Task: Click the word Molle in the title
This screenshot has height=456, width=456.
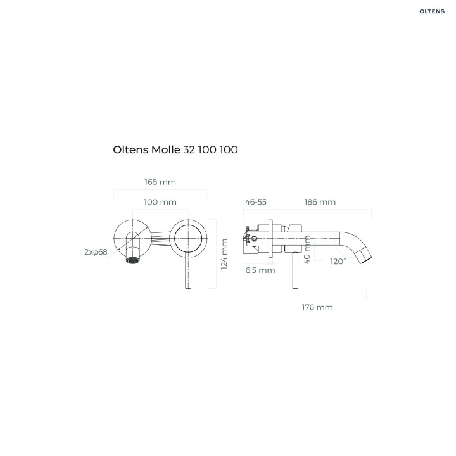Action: [166, 150]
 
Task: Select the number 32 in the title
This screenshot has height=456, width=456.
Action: [189, 150]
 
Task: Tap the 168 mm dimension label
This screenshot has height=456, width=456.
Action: [160, 182]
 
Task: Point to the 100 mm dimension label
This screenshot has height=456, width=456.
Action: [160, 202]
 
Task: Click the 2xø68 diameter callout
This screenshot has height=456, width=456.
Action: [96, 252]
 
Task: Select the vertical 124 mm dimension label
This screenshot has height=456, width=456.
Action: [224, 255]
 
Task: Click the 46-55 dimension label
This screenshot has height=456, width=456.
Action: [256, 202]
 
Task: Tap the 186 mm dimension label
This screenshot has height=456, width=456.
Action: [320, 202]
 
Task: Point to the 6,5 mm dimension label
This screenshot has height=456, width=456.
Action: [260, 270]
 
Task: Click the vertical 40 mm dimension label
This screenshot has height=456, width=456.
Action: [307, 249]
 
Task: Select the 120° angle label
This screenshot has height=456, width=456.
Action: [338, 261]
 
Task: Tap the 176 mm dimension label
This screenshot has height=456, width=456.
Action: [317, 307]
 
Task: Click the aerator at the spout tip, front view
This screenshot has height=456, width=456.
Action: [133, 260]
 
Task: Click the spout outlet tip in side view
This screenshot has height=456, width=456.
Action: [365, 256]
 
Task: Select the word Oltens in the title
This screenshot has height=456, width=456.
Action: [130, 150]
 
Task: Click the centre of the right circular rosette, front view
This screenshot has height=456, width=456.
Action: [188, 237]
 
